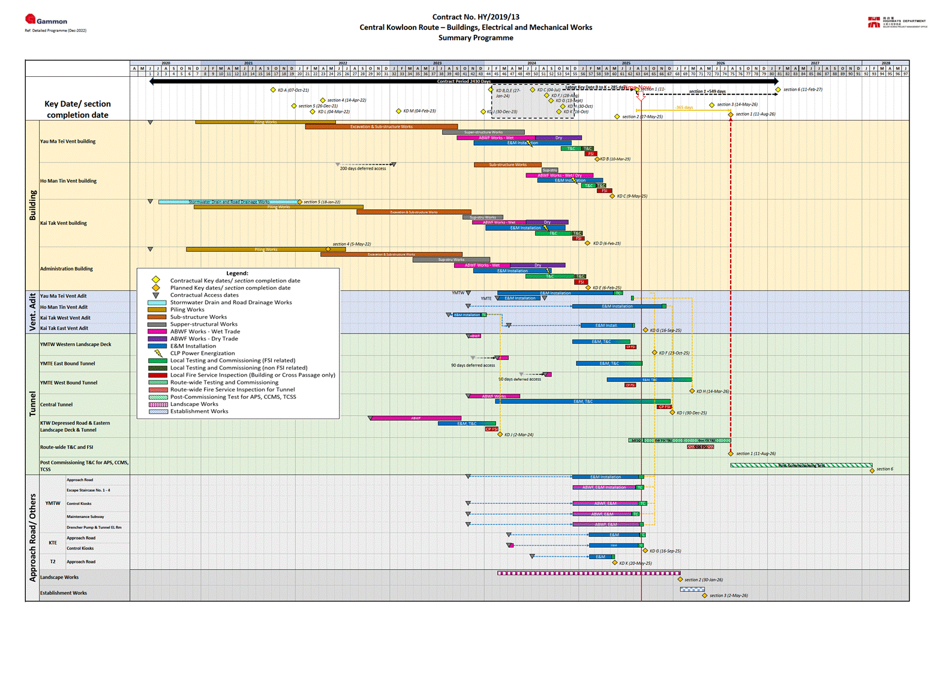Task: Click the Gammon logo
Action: tap(46, 20)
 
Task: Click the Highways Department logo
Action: tap(897, 23)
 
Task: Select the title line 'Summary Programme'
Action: tap(476, 38)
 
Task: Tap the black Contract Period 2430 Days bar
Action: tap(464, 82)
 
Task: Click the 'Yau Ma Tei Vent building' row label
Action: tap(68, 142)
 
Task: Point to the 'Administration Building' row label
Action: tap(67, 269)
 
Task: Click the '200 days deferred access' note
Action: tap(363, 169)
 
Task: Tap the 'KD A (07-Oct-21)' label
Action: tap(293, 90)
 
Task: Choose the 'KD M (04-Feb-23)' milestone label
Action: tap(419, 111)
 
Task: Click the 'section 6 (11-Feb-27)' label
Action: tap(803, 89)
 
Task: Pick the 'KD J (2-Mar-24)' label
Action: tap(519, 435)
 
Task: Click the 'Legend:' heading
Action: tap(237, 274)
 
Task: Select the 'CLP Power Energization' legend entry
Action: tap(202, 353)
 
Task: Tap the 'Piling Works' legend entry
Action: tap(187, 310)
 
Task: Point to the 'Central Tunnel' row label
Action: tap(56, 405)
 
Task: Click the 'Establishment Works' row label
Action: tap(64, 593)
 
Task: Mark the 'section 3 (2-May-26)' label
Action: tap(728, 596)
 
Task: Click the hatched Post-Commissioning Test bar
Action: tap(801, 465)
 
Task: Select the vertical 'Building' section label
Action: tap(32, 205)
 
